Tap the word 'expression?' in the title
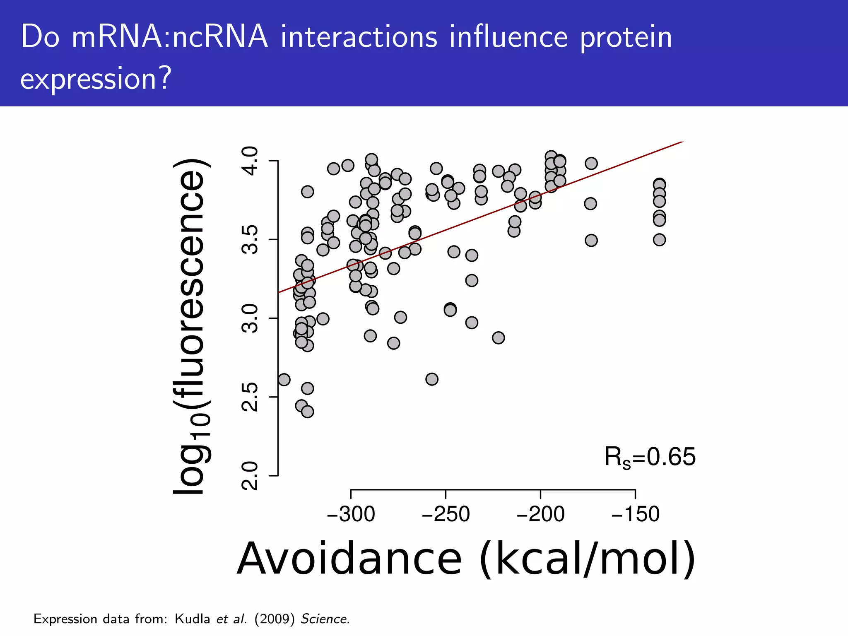click(96, 79)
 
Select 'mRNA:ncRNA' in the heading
click(170, 37)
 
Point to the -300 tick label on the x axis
click(351, 514)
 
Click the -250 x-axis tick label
click(446, 514)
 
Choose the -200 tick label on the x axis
click(540, 514)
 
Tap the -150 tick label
click(635, 514)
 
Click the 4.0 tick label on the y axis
click(250, 161)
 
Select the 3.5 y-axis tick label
click(250, 240)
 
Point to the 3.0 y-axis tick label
click(250, 318)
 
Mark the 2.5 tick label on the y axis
click(250, 397)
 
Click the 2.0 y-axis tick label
click(250, 476)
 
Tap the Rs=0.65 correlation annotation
click(650, 458)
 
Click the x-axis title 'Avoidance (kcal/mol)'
click(466, 559)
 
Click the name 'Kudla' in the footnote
click(193, 619)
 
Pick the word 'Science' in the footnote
click(325, 619)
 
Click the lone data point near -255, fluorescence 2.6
click(431, 379)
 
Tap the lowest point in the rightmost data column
click(659, 240)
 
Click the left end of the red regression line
click(279, 292)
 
